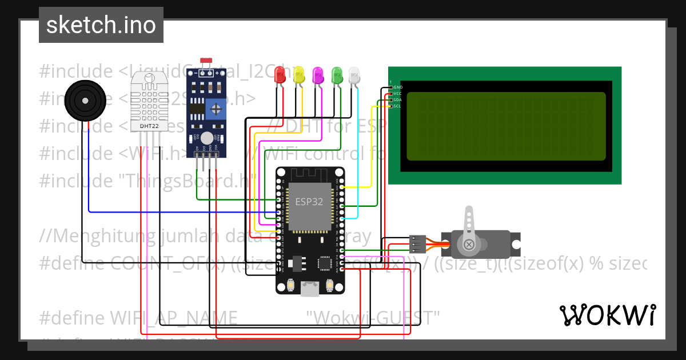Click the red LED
coord(280,74)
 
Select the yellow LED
coord(298,74)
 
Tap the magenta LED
coord(318,74)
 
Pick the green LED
coord(337,74)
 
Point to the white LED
coord(354,74)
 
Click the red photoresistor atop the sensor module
coord(206,60)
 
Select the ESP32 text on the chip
coord(309,201)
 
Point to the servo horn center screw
coord(469,245)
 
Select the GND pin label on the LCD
coord(398,87)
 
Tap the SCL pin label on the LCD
coord(398,106)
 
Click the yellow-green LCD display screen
coord(505,126)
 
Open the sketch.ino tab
coord(101,25)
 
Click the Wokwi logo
coord(607,315)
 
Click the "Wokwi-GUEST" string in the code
coord(373,317)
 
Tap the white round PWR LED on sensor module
coord(206,138)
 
